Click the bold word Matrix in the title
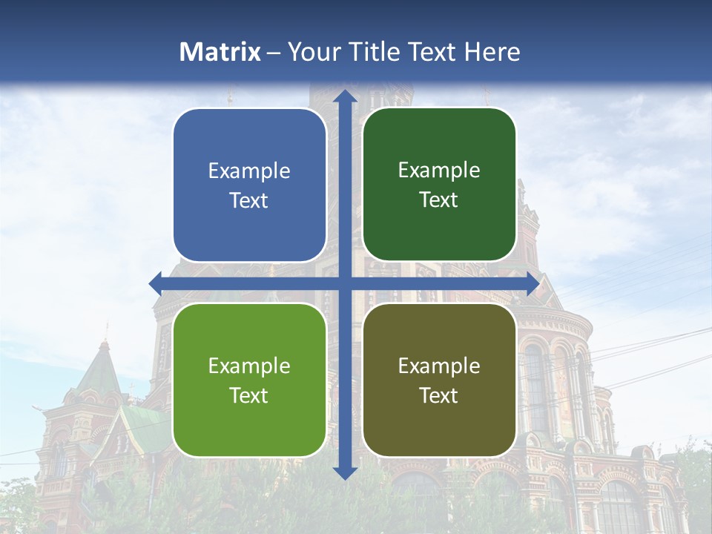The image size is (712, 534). (x=220, y=52)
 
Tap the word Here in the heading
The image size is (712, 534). (x=492, y=52)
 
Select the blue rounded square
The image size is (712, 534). (x=249, y=185)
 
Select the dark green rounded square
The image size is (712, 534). (x=439, y=185)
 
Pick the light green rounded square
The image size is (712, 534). (x=249, y=380)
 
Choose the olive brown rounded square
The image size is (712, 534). (x=439, y=380)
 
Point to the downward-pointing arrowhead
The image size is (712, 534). (x=345, y=472)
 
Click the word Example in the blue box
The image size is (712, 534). (x=249, y=171)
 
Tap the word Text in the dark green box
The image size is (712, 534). (x=439, y=200)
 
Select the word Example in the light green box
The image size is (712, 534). (x=249, y=366)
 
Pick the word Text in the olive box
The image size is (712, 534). (x=439, y=395)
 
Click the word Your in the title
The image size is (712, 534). (x=312, y=52)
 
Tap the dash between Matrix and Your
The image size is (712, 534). (x=274, y=53)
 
